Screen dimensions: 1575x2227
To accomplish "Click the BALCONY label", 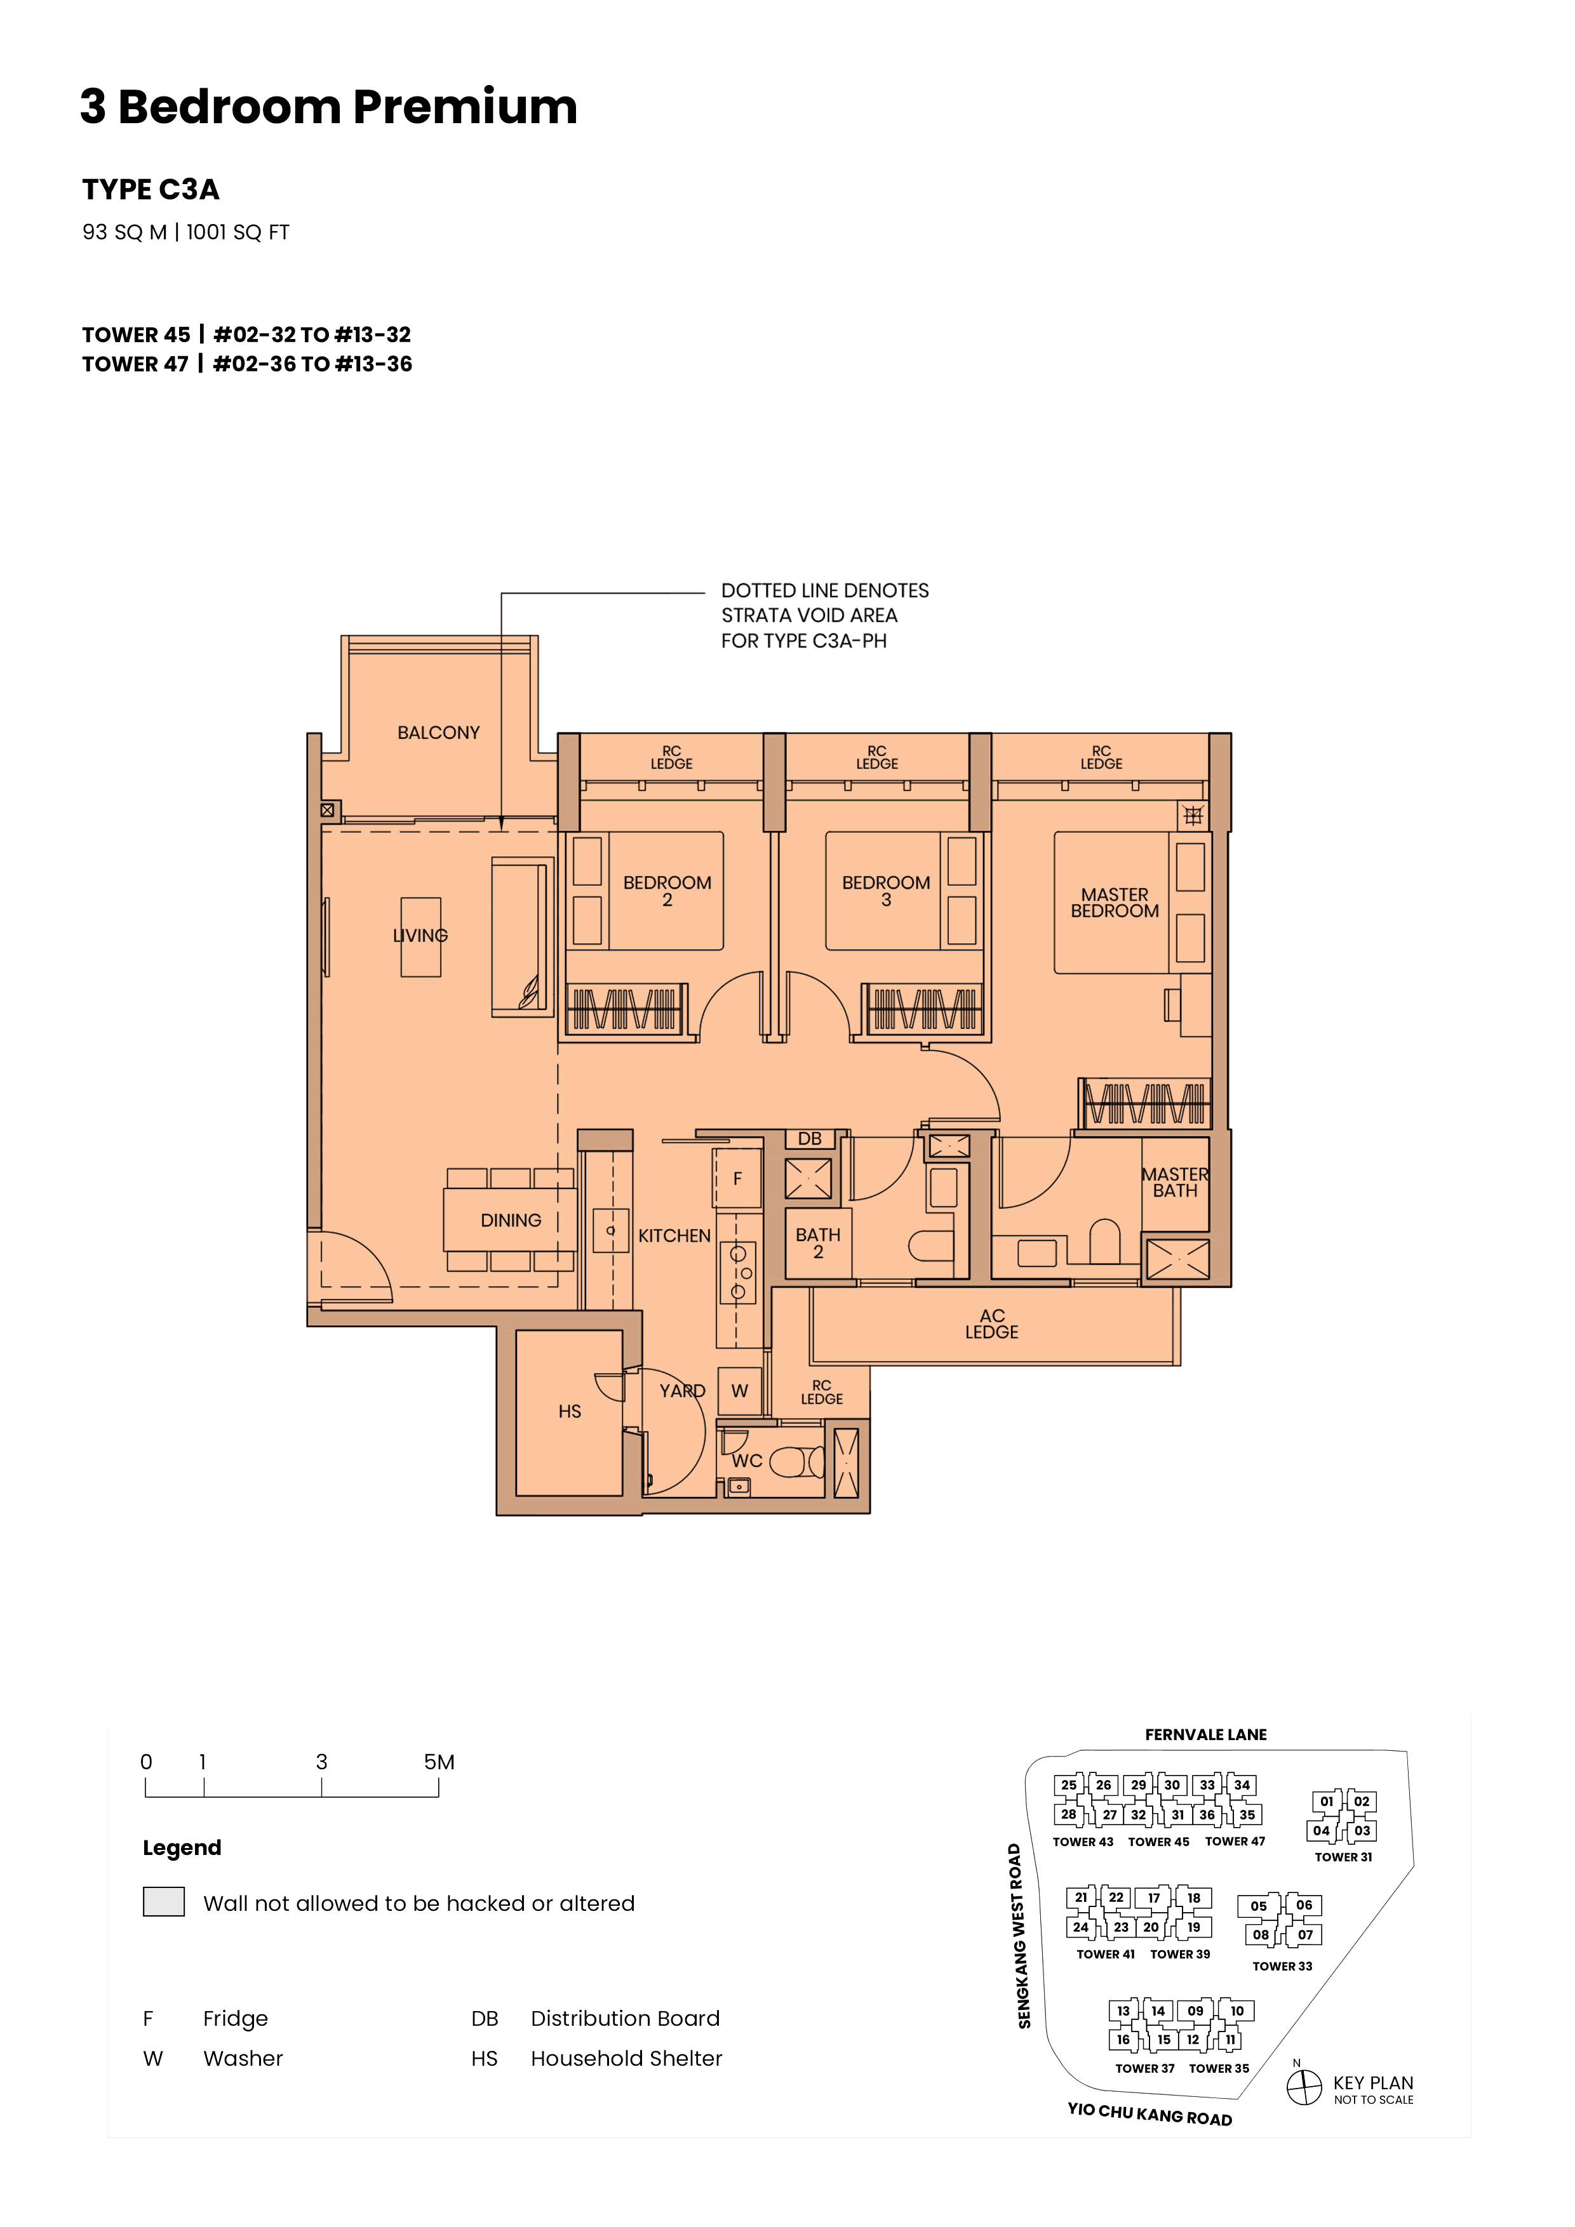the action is pyautogui.click(x=439, y=733).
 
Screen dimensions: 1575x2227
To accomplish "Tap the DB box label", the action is pyautogui.click(x=809, y=1139).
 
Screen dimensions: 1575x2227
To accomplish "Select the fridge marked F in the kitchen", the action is pyautogui.click(x=737, y=1178).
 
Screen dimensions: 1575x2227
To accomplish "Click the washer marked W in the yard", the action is pyautogui.click(x=739, y=1391).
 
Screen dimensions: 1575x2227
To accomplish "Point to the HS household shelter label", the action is pyautogui.click(x=570, y=1411).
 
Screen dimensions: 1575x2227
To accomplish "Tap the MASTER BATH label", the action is pyautogui.click(x=1175, y=1182).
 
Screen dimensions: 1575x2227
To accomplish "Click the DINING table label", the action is pyautogui.click(x=511, y=1220).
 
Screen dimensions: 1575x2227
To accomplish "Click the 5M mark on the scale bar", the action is pyautogui.click(x=439, y=1762).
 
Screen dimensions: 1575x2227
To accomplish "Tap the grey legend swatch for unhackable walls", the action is pyautogui.click(x=163, y=1901).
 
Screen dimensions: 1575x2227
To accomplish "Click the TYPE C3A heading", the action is pyautogui.click(x=151, y=189).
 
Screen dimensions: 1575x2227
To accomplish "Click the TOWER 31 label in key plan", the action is pyautogui.click(x=1343, y=1856).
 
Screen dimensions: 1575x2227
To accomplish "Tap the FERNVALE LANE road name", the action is pyautogui.click(x=1205, y=1734).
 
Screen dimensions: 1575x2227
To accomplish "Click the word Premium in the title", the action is pyautogui.click(x=465, y=107).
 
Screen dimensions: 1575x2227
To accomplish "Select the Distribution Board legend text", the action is pyautogui.click(x=625, y=2019).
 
